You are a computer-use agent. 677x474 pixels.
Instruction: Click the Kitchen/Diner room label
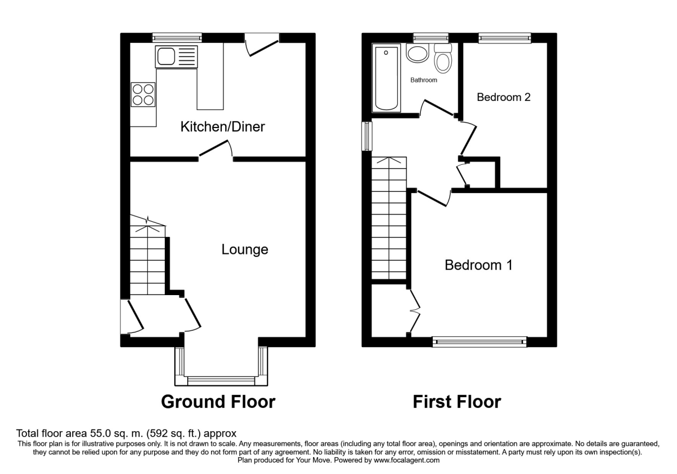pyautogui.click(x=222, y=127)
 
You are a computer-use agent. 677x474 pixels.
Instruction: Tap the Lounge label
pyautogui.click(x=244, y=249)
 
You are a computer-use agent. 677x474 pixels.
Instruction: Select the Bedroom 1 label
pyautogui.click(x=478, y=265)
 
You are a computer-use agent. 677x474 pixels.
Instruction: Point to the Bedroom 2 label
pyautogui.click(x=503, y=97)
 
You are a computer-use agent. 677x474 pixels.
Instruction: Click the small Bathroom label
pyautogui.click(x=423, y=80)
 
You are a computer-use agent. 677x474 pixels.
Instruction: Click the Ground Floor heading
pyautogui.click(x=218, y=402)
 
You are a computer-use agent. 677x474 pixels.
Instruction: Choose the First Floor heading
pyautogui.click(x=456, y=402)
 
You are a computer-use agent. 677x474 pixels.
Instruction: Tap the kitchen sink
pyautogui.click(x=177, y=56)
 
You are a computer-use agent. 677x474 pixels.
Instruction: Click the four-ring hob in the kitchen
pyautogui.click(x=143, y=94)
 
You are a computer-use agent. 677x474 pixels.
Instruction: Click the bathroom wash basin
pyautogui.click(x=419, y=54)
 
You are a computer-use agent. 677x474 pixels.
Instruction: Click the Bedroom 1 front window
pyautogui.click(x=479, y=340)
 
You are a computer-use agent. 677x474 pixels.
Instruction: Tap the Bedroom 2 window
pyautogui.click(x=504, y=38)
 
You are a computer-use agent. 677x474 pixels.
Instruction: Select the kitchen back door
pyautogui.click(x=262, y=44)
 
